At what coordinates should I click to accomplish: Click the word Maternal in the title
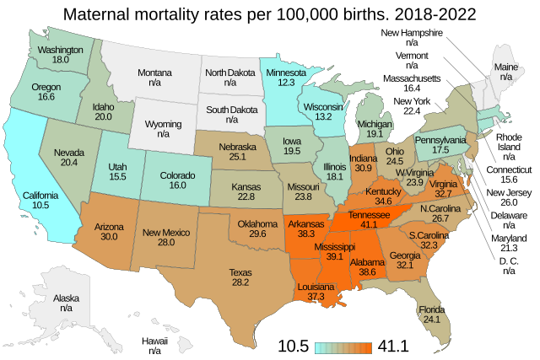tap(105, 14)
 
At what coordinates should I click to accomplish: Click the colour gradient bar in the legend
tap(343, 347)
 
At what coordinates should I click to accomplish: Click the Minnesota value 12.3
tap(285, 83)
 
